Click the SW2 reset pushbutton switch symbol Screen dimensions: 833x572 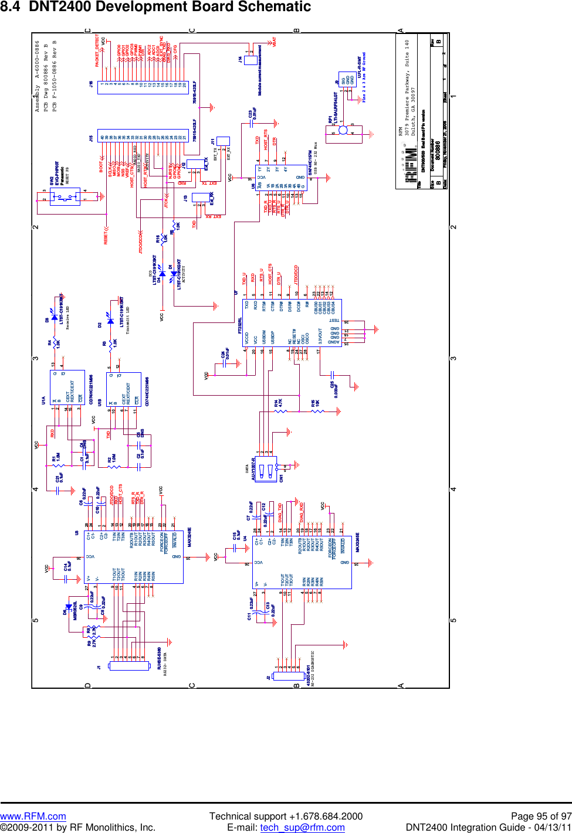[65, 198]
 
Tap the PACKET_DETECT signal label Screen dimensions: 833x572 [97, 52]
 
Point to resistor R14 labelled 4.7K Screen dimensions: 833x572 [282, 411]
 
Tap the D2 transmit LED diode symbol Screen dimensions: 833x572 [110, 321]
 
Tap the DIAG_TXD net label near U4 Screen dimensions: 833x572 [280, 512]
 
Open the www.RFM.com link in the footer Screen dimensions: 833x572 [33, 816]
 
